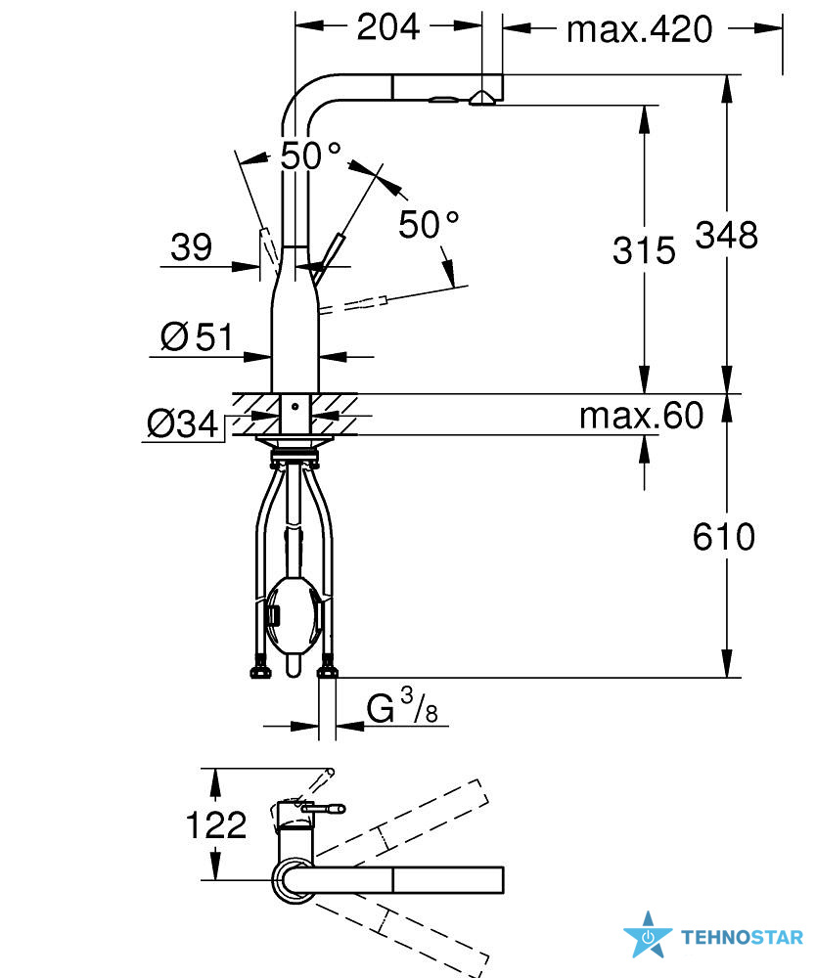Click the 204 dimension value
click(x=388, y=27)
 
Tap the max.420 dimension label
click(x=640, y=29)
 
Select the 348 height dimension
click(x=727, y=236)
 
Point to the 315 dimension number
click(x=644, y=250)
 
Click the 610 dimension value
click(x=724, y=537)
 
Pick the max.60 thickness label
click(x=641, y=416)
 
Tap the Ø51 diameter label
click(x=197, y=337)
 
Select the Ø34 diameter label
click(x=182, y=424)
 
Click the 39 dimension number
click(x=192, y=247)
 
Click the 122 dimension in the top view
click(x=216, y=825)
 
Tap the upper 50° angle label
click(x=310, y=156)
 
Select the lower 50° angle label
click(x=429, y=225)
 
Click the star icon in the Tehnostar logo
click(x=648, y=936)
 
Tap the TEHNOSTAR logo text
click(x=742, y=938)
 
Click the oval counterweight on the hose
click(x=294, y=615)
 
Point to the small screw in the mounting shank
click(x=295, y=407)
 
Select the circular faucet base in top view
click(x=295, y=880)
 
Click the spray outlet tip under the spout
click(x=482, y=98)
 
